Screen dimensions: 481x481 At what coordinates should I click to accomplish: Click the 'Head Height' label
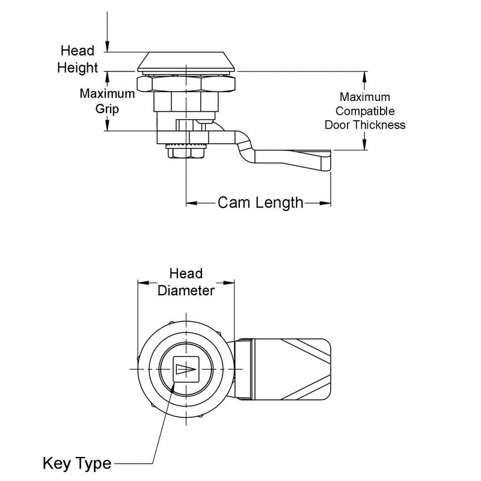coord(78,60)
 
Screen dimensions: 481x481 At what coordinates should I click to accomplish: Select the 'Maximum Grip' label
coord(108,101)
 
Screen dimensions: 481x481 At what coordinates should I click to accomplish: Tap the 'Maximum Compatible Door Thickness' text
coord(365,111)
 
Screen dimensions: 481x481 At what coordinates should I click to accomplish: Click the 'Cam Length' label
coord(260,202)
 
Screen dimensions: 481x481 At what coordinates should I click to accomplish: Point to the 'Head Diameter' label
coord(186,283)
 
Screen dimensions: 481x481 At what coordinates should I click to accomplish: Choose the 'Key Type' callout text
coord(77,464)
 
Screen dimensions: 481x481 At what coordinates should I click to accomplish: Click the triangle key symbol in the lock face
coord(185,369)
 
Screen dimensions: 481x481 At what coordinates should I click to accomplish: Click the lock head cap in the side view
coord(186,61)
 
